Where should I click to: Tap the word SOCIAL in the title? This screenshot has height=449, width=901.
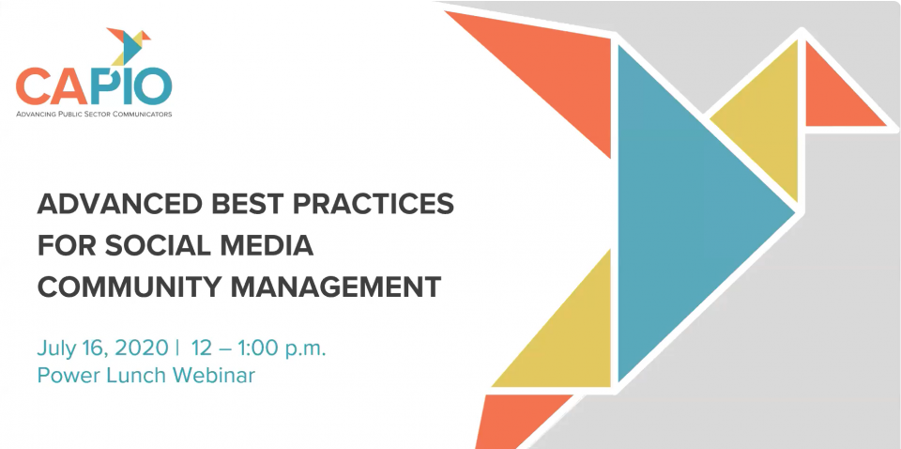pyautogui.click(x=159, y=245)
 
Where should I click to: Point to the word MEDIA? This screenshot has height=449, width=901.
pyautogui.click(x=268, y=245)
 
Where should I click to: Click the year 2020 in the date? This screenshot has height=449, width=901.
pyautogui.click(x=141, y=348)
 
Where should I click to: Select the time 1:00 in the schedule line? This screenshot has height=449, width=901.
pyautogui.click(x=252, y=348)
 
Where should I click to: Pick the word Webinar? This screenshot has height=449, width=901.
pyautogui.click(x=214, y=376)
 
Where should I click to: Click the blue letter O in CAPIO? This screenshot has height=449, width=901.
pyautogui.click(x=152, y=85)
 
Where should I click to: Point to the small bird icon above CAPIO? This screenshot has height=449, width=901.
pyautogui.click(x=130, y=46)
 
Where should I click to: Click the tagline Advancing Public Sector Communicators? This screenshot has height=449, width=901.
pyautogui.click(x=94, y=114)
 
